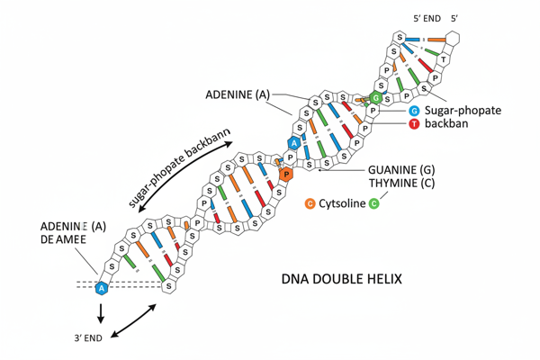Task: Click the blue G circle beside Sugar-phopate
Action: pyautogui.click(x=414, y=110)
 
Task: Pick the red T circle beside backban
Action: pyautogui.click(x=414, y=123)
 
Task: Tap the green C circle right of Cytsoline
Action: pyautogui.click(x=373, y=204)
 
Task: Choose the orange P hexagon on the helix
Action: pyautogui.click(x=285, y=174)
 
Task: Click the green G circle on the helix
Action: pyautogui.click(x=376, y=97)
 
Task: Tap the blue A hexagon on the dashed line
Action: pyautogui.click(x=102, y=288)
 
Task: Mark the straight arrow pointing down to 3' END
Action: pyautogui.click(x=101, y=312)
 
